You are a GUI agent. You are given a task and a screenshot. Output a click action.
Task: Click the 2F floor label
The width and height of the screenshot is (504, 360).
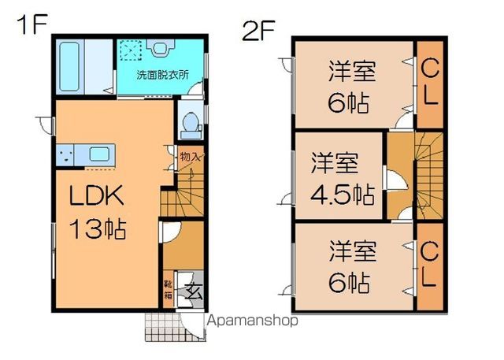pyautogui.click(x=258, y=30)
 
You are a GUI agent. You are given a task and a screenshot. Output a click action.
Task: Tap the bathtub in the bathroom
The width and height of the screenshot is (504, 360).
pyautogui.click(x=69, y=66)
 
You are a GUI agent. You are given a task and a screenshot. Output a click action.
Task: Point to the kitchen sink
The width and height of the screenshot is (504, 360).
pyautogui.click(x=99, y=154)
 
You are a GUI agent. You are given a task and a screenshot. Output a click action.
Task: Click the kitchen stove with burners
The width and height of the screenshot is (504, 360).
pyautogui.click(x=65, y=155)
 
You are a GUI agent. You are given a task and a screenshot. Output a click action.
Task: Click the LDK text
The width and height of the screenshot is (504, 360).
pyautogui.click(x=97, y=195)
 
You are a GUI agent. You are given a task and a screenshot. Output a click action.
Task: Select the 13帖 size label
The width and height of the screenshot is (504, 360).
pyautogui.click(x=98, y=228)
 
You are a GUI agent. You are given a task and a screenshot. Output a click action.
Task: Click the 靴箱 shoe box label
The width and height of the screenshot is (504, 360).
pyautogui.click(x=168, y=289)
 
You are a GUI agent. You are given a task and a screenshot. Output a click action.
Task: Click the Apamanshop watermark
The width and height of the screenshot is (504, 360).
pyautogui.click(x=252, y=321)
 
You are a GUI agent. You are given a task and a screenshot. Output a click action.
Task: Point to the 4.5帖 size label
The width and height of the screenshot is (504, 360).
pyautogui.click(x=343, y=195)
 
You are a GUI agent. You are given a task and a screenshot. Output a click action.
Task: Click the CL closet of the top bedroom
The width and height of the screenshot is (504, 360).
pyautogui.click(x=430, y=84)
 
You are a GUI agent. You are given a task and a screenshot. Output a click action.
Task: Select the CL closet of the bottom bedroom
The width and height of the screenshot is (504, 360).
pyautogui.click(x=430, y=266)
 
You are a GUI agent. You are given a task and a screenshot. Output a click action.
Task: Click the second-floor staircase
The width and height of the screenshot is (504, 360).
pyautogui.click(x=429, y=176)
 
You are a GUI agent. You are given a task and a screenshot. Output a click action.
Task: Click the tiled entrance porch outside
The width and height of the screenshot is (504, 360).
pyautogui.click(x=164, y=327)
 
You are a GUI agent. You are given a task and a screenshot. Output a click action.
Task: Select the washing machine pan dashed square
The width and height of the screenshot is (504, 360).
pyautogui.click(x=131, y=50)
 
